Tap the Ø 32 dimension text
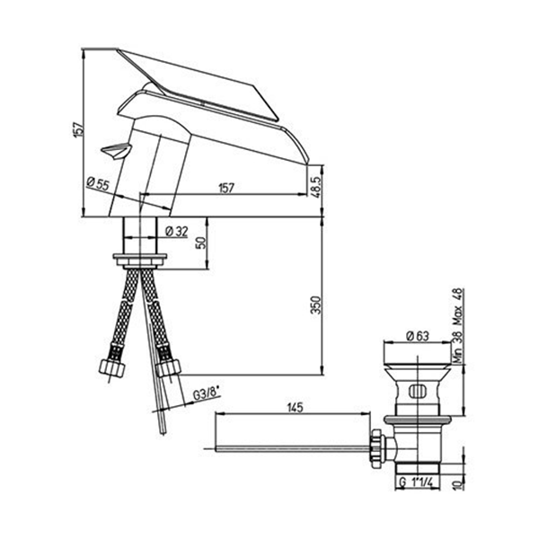pyautogui.click(x=177, y=232)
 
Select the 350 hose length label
pyautogui.click(x=315, y=305)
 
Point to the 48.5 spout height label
pyautogui.click(x=316, y=188)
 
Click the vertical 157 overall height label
pyautogui.click(x=78, y=129)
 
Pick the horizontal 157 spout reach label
pyautogui.click(x=225, y=188)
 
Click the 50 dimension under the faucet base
pyautogui.click(x=202, y=243)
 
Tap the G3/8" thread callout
pyautogui.click(x=207, y=393)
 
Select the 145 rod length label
pyautogui.click(x=295, y=408)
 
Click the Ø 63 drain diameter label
pyautogui.click(x=418, y=335)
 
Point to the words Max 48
pyautogui.click(x=458, y=306)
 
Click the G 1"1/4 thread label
pyautogui.click(x=417, y=482)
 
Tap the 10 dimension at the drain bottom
pyautogui.click(x=457, y=485)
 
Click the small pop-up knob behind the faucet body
pyautogui.click(x=116, y=151)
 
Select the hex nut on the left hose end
pyautogui.click(x=111, y=367)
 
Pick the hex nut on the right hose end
pyautogui.click(x=169, y=368)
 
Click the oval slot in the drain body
pyautogui.click(x=417, y=392)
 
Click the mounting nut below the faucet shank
pyautogui.click(x=140, y=261)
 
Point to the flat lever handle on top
pyautogui.click(x=198, y=84)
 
